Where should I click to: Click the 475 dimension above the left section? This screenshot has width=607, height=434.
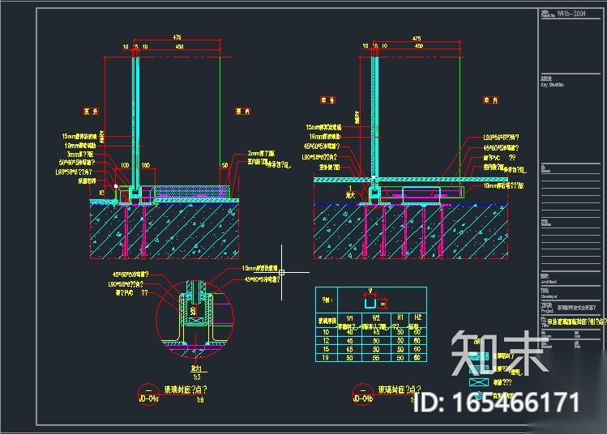pos(176,37)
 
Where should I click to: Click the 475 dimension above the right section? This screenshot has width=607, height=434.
pos(417,37)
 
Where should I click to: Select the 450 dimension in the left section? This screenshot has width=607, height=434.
pos(178,47)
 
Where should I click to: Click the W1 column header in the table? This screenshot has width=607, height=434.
pos(350,317)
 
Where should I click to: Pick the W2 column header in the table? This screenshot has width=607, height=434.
pos(375,317)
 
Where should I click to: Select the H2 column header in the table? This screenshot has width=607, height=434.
pos(418,317)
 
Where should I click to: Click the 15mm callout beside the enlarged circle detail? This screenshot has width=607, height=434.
pos(260,268)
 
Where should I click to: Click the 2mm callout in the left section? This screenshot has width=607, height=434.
pos(259,152)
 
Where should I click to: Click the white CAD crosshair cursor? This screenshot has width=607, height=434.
pos(280,271)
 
